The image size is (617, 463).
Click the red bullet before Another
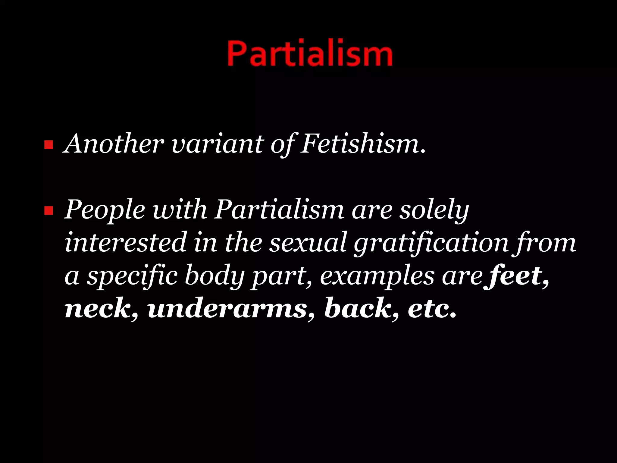tap(48, 145)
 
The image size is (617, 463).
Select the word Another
tap(114, 144)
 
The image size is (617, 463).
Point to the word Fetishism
tap(363, 144)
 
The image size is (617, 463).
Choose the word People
tap(105, 210)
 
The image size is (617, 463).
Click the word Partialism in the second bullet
tap(279, 210)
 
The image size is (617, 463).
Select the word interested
tap(125, 242)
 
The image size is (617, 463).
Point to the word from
tap(545, 243)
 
